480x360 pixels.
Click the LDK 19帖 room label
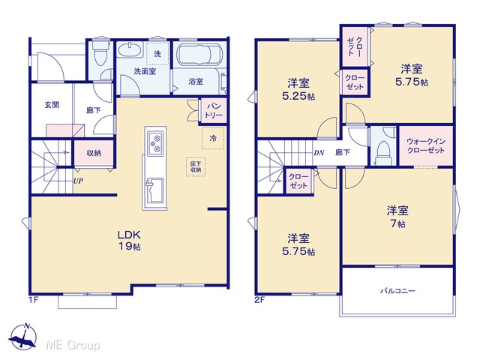click(130, 240)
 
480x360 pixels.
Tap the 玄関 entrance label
click(52, 105)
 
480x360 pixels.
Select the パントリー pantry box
click(214, 110)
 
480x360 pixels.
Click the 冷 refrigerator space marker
click(213, 138)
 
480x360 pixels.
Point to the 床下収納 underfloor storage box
click(196, 166)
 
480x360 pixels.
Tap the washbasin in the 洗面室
click(130, 50)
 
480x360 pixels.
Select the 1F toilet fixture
click(99, 52)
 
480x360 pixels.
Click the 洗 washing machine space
click(157, 54)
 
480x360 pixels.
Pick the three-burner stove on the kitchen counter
click(155, 142)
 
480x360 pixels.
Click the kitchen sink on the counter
click(155, 190)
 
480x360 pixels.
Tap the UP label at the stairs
click(78, 181)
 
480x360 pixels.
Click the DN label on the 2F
click(319, 153)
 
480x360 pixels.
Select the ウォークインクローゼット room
click(426, 146)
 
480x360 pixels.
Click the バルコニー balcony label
click(397, 290)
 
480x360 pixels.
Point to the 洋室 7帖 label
click(397, 217)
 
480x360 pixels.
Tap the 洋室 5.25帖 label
click(298, 89)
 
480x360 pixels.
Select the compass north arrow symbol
click(23, 337)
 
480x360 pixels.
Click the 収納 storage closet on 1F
click(94, 153)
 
